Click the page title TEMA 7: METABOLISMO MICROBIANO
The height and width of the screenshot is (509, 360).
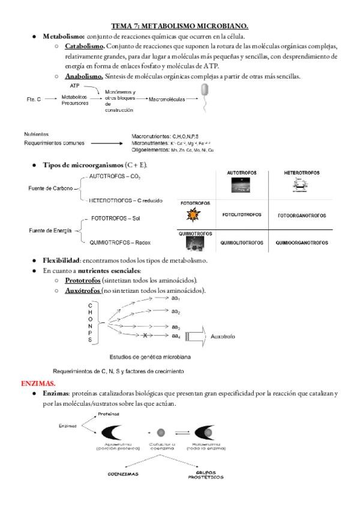pyautogui.click(x=180, y=26)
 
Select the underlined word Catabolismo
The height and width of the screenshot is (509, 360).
pyautogui.click(x=84, y=46)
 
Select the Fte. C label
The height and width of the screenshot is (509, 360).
pyautogui.click(x=34, y=99)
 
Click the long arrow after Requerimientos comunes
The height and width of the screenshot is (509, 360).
pyautogui.click(x=107, y=143)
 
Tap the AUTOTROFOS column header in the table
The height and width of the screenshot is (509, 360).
pyautogui.click(x=241, y=173)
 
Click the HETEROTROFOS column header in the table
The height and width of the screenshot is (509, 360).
pyautogui.click(x=301, y=173)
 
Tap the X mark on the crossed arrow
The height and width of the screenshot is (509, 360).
pyautogui.click(x=144, y=335)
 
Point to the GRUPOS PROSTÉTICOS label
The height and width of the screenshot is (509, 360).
pyautogui.click(x=205, y=475)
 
